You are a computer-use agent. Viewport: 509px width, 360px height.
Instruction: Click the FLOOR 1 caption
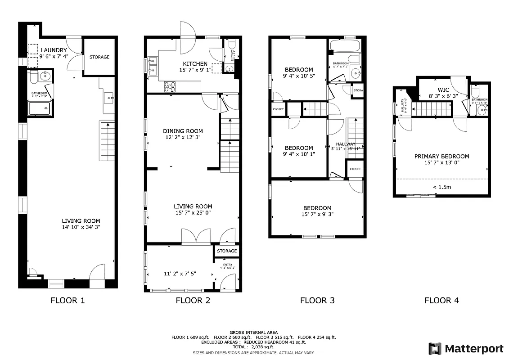coord(68,301)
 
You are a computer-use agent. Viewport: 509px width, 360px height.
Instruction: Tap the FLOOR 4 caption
coord(441,301)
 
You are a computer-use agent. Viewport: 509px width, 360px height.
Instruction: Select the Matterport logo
coord(465,349)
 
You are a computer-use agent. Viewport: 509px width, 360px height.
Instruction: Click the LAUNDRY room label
coord(54,50)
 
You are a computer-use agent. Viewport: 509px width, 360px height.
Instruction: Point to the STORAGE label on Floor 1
coord(99,57)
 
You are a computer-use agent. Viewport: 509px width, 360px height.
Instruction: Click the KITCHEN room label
coord(195,64)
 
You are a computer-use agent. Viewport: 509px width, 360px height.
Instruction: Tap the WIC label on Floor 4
coord(443,90)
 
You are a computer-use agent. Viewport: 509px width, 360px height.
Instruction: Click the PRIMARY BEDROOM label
coord(441,157)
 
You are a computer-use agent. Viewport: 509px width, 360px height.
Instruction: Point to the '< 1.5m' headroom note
coord(441,187)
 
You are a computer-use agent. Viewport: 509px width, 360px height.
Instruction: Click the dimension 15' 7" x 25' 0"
coord(193,212)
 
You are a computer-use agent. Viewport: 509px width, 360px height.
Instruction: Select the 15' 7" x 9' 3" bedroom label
coord(317,214)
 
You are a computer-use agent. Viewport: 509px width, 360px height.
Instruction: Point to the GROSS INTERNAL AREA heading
coord(253,332)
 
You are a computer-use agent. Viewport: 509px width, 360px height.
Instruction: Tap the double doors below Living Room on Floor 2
coord(196,236)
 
